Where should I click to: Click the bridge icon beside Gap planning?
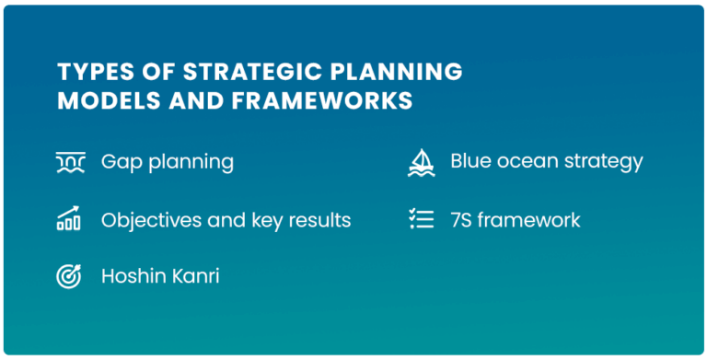[70, 163]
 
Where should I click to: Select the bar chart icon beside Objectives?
[69, 220]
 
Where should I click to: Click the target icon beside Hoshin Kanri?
[69, 276]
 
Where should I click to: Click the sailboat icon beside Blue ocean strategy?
[421, 162]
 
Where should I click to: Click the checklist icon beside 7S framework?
[421, 220]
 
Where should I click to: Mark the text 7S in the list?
[461, 220]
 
